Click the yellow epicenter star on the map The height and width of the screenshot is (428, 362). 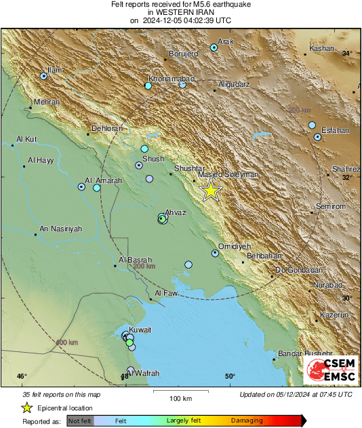coord(211,191)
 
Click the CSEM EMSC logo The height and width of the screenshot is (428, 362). coord(331,370)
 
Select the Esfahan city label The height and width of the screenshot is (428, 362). coord(335,130)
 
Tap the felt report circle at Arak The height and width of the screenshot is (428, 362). coord(214,47)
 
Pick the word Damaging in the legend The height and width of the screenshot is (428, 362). coord(247,421)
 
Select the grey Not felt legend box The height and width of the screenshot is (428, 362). coord(80,421)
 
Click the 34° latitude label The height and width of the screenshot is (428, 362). coord(347,53)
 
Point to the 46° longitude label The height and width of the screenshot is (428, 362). coord(22,376)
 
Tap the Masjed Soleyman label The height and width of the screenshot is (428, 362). coord(227,174)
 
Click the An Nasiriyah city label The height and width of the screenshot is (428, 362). coord(61,229)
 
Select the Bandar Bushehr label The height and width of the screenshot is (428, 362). coord(306,353)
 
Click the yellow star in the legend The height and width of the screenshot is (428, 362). coord(26,408)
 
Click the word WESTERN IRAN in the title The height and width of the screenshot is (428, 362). coord(180,12)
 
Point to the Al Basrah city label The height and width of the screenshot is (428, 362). coord(136,259)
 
